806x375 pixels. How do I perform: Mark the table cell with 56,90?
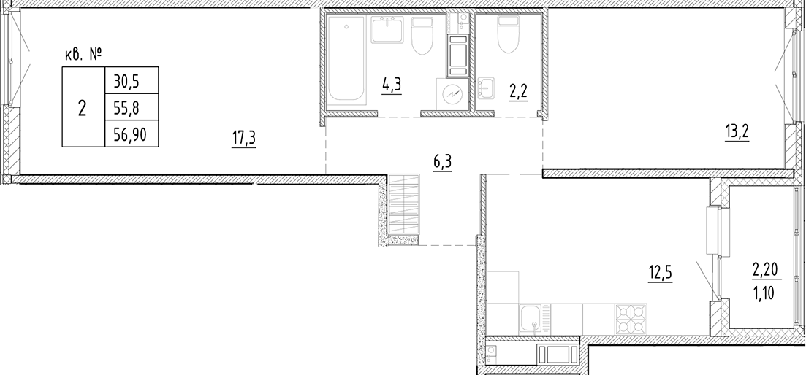pos(131,134)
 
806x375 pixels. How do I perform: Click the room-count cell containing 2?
pos(82,107)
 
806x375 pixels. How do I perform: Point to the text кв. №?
pos(82,53)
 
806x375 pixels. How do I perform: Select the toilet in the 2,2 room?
pos(506,35)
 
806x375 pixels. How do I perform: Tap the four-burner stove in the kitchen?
pos(633,318)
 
